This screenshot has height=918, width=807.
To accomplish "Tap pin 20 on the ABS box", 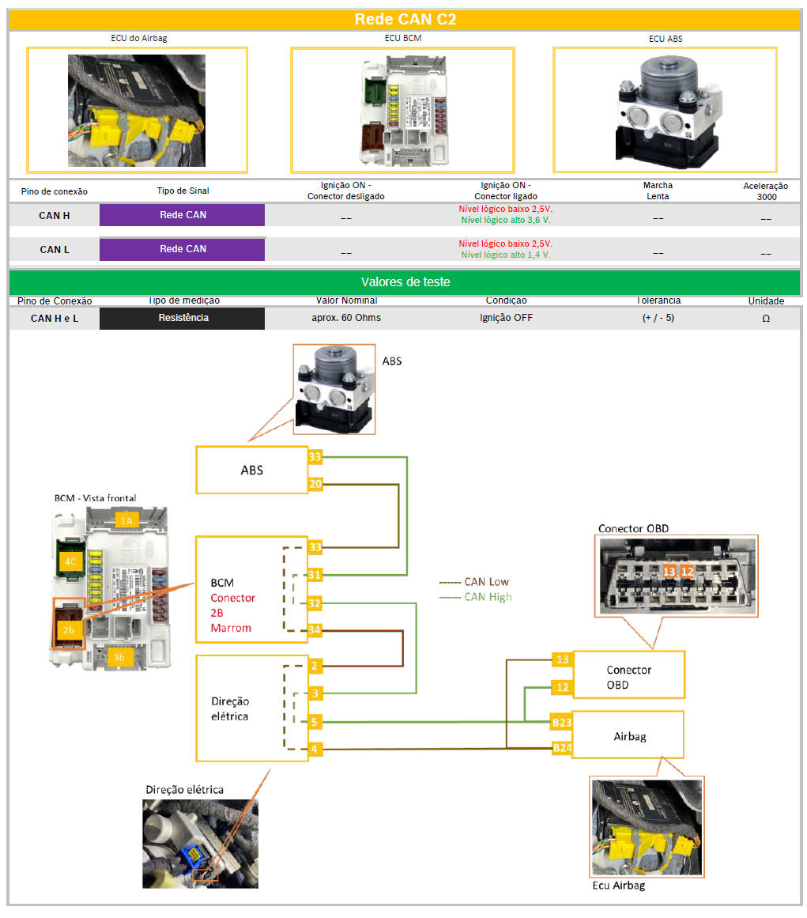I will [315, 485].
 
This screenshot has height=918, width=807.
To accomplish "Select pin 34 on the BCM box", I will [315, 630].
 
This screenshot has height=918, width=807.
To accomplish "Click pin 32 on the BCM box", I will [315, 603].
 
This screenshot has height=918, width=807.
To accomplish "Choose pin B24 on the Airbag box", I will [561, 748].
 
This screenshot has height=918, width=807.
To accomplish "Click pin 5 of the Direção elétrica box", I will [315, 721].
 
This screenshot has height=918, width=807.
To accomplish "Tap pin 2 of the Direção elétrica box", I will [315, 667].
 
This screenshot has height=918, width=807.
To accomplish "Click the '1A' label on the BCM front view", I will [126, 519].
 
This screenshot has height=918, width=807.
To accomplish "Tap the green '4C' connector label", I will [70, 561].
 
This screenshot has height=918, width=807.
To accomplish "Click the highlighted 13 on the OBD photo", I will [669, 570].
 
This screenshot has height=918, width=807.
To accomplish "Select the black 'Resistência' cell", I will [183, 318].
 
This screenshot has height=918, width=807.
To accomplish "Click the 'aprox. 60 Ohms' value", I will [345, 318].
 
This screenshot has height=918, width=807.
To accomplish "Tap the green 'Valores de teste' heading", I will [405, 282].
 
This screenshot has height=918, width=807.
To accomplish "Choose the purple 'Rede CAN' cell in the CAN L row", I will [183, 249].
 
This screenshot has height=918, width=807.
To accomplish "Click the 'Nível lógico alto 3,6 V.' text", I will [506, 221].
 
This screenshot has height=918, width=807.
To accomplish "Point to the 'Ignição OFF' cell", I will [506, 318].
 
